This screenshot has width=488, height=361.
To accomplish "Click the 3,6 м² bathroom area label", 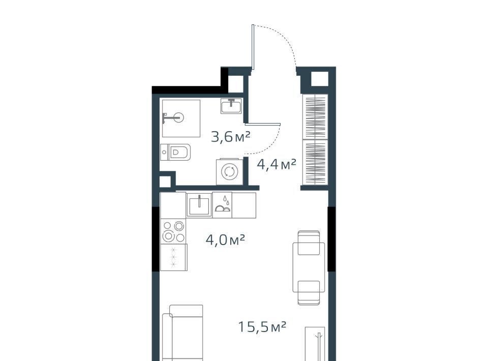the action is click(230, 137).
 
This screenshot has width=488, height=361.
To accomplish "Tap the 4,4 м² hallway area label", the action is click(276, 164).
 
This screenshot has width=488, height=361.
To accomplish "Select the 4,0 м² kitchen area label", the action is click(225, 240).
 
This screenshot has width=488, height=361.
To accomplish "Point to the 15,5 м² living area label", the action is click(262, 327).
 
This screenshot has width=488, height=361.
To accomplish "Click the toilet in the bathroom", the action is click(175, 152).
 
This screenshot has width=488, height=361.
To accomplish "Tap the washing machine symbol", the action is click(229, 172).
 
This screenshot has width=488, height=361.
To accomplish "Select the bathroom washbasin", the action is click(231, 106).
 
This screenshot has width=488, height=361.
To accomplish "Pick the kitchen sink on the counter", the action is click(199, 204).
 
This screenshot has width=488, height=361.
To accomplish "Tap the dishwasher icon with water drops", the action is click(222, 204).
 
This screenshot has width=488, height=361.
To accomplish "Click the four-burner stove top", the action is click(173, 231).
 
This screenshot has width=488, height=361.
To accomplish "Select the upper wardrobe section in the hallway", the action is click(315, 117).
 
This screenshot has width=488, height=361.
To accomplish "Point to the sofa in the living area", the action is click(182, 333).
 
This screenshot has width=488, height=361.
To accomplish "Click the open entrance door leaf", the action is click(253, 47).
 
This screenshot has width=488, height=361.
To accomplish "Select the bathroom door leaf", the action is click(263, 124).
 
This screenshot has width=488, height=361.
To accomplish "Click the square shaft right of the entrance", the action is click(320, 79).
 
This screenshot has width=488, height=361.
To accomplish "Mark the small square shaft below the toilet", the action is click(165, 182).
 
